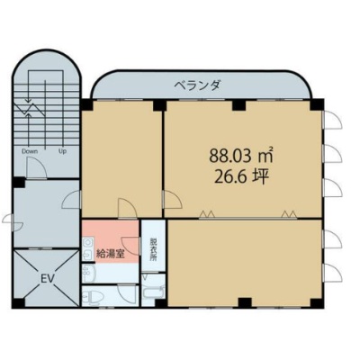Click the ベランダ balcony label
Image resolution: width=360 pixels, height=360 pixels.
pyautogui.click(x=198, y=86)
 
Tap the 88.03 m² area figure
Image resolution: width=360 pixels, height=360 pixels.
pyautogui.click(x=241, y=156)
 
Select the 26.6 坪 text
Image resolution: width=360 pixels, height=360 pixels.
pyautogui.click(x=241, y=177)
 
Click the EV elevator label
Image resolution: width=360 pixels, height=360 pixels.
pyautogui.click(x=47, y=279)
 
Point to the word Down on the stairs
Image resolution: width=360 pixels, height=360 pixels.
pyautogui.click(x=30, y=151)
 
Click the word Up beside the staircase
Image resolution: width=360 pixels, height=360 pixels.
pyautogui.click(x=62, y=151)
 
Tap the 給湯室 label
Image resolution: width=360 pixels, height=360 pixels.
pyautogui.click(x=111, y=255)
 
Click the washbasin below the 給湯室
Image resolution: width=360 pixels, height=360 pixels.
pyautogui.click(x=88, y=273)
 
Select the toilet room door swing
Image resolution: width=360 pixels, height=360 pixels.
pyautogui.click(x=128, y=295)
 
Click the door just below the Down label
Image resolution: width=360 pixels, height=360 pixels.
pyautogui.click(x=36, y=168)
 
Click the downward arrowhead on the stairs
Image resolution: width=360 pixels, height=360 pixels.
pyautogui.click(x=29, y=100)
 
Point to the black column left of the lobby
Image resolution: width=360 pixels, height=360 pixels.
pyautogui.click(x=18, y=183)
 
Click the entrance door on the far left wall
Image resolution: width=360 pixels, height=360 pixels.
pyautogui.click(x=12, y=222)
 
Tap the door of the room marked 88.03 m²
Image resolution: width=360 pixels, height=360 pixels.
pyautogui.click(x=172, y=200)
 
